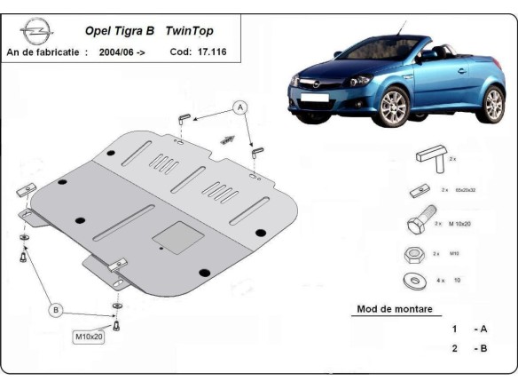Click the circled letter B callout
(56, 310)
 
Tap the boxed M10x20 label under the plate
(88, 337)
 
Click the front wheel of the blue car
(393, 107)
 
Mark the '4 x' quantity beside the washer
(440, 281)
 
